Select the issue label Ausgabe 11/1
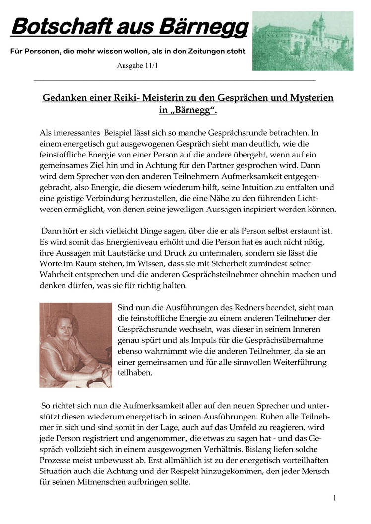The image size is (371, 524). point(137,65)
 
